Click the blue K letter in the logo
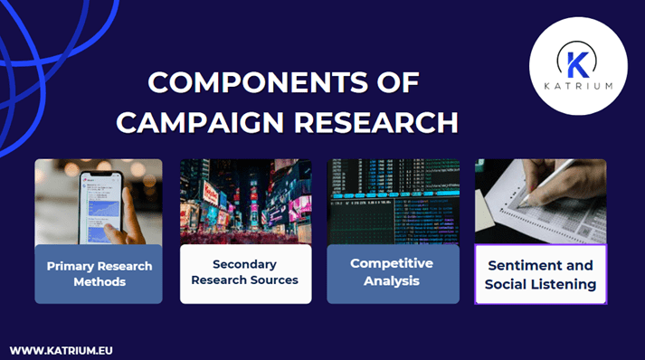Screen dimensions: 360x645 coord(576,62)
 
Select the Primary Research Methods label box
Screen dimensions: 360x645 coord(99,274)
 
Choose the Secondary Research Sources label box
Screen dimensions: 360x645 coord(245,274)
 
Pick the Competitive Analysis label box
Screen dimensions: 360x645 coord(392,273)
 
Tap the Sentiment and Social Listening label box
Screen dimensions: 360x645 coord(540,274)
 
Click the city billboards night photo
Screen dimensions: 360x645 coord(245,202)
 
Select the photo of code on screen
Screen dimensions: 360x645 coord(392,201)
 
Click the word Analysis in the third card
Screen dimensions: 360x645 coord(392,281)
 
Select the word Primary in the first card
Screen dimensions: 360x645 coord(74,267)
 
